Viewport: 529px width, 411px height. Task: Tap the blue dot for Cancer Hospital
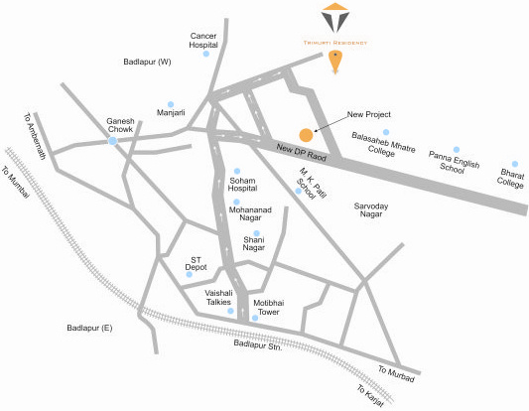click(x=206, y=54)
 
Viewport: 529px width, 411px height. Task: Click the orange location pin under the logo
click(x=335, y=62)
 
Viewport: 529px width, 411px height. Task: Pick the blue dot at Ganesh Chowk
click(x=112, y=141)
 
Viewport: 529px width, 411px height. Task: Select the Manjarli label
click(x=172, y=114)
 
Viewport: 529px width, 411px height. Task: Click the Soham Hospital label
click(x=242, y=183)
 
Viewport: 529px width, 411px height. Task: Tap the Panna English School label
click(x=453, y=163)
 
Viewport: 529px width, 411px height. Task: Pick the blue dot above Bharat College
click(x=515, y=164)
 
